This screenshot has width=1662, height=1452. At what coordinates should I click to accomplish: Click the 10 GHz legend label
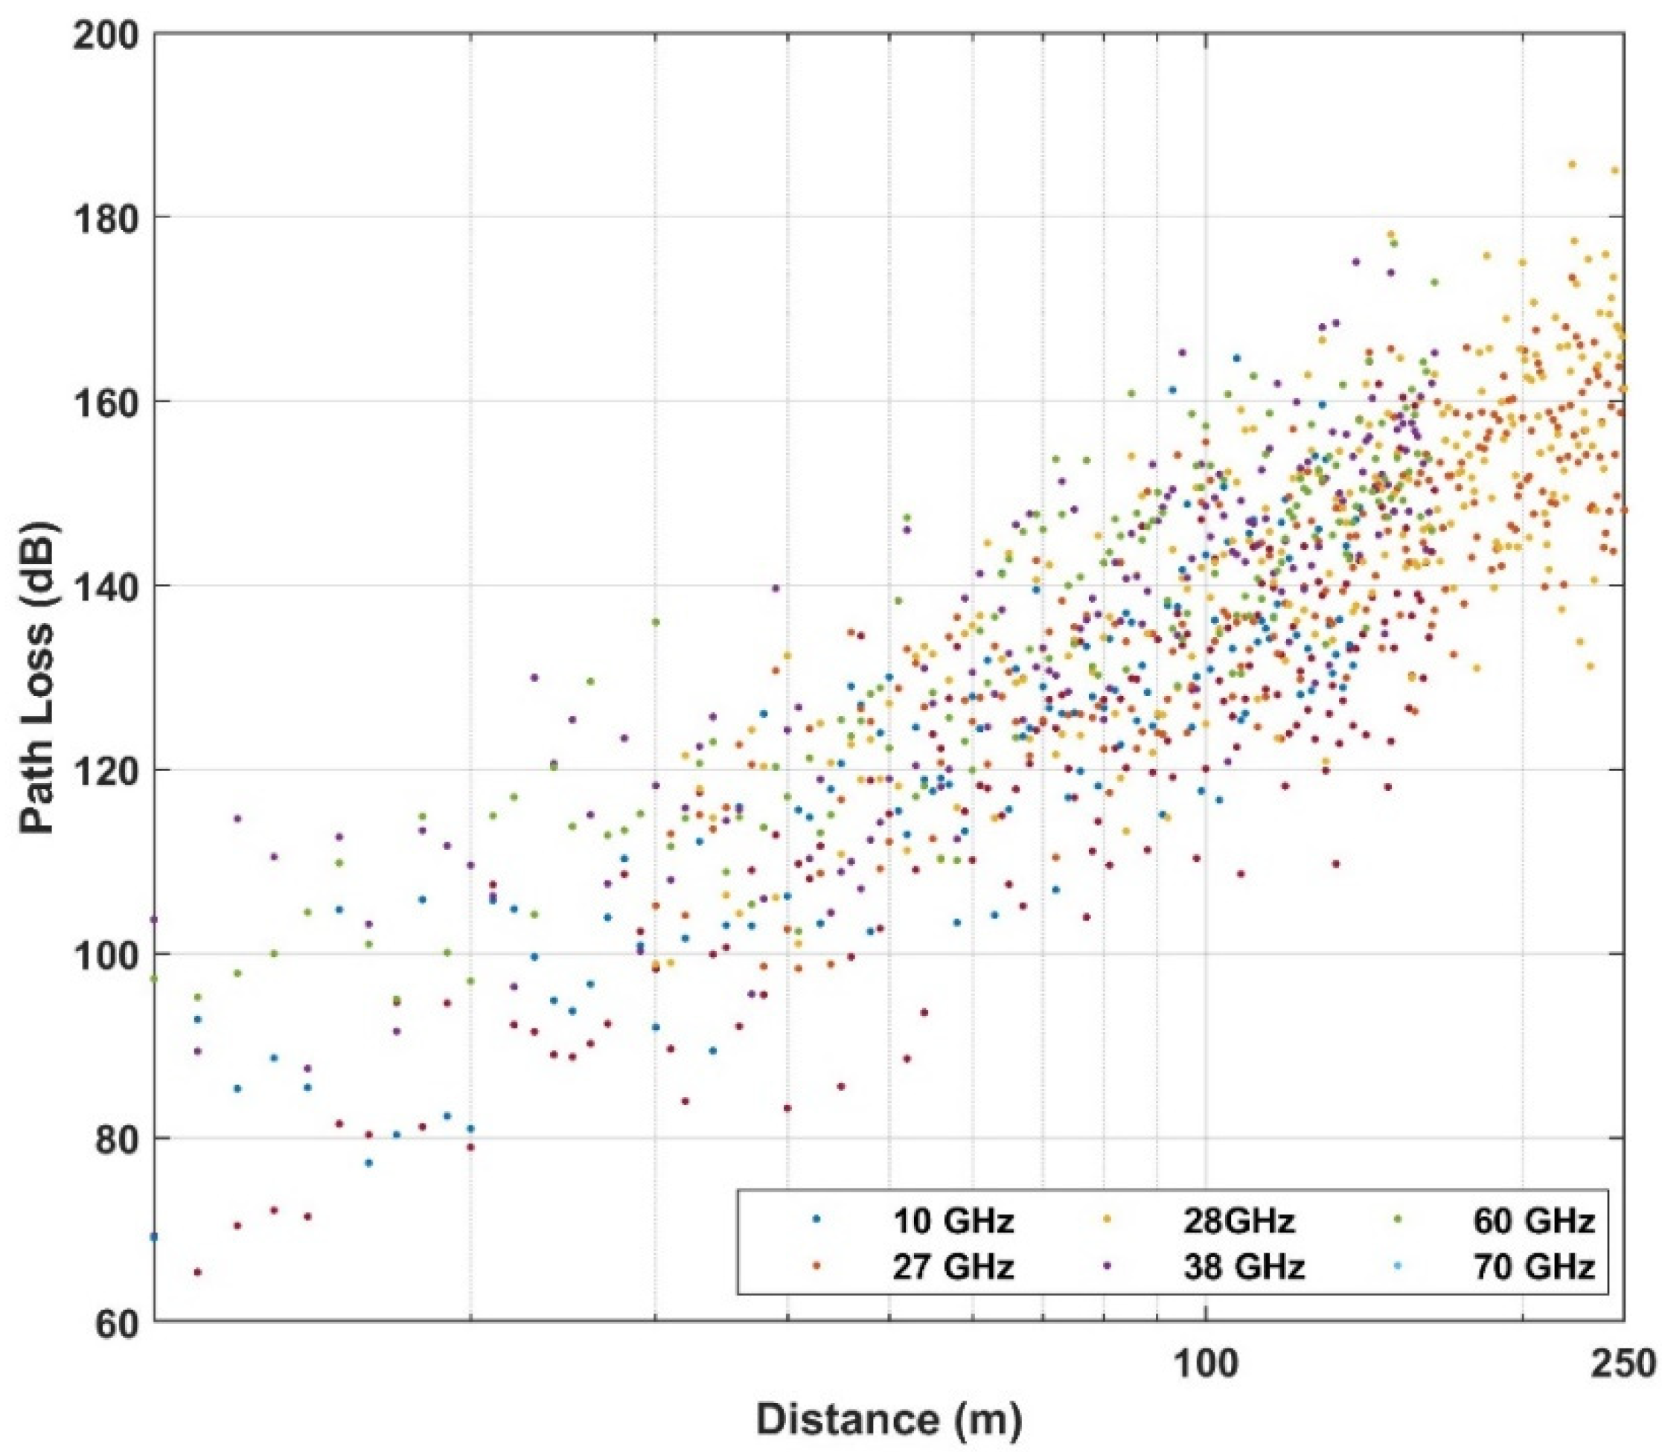click(x=952, y=1221)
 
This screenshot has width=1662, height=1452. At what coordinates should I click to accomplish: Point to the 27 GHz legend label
click(x=952, y=1267)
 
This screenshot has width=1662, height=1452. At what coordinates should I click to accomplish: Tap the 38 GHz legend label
click(x=1244, y=1267)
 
